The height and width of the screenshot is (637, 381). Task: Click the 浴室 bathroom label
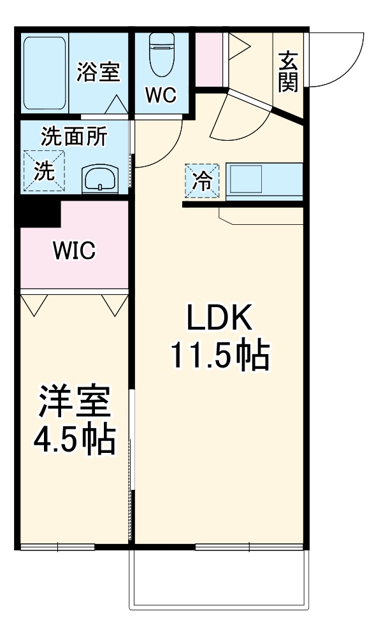(x=98, y=72)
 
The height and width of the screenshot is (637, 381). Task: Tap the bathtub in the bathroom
(x=45, y=73)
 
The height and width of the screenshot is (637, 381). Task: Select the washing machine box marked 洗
(x=44, y=170)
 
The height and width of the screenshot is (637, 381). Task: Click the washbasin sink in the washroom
(x=100, y=178)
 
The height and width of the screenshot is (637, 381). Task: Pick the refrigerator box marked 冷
(x=202, y=180)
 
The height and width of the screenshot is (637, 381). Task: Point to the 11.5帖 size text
(x=220, y=357)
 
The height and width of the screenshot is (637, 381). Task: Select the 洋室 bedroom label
(x=74, y=401)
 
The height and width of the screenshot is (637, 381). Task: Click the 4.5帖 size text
(x=74, y=440)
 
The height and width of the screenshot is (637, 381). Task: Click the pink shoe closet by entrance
(x=208, y=57)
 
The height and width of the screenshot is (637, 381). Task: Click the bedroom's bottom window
(x=57, y=547)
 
